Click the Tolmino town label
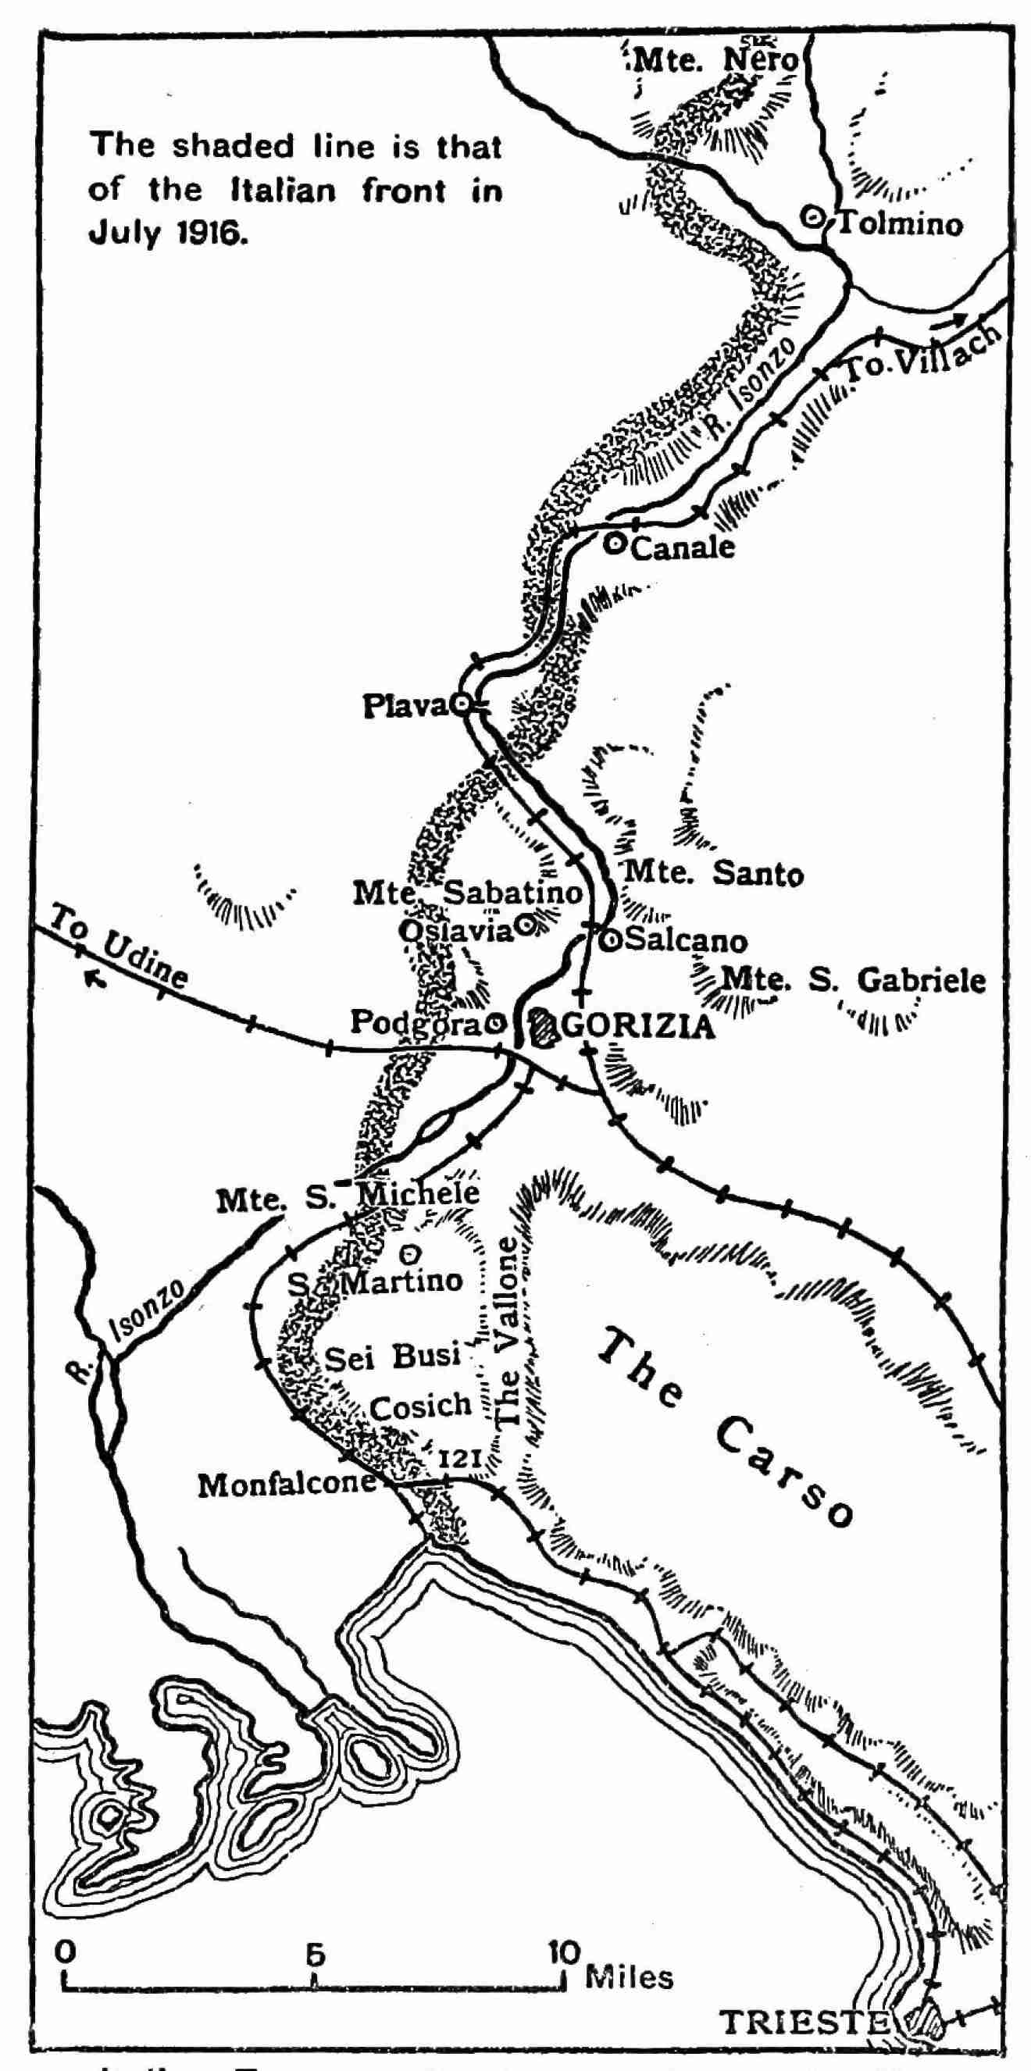pyautogui.click(x=899, y=223)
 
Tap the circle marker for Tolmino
pyautogui.click(x=815, y=216)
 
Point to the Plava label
pyautogui.click(x=405, y=706)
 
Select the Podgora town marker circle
pyautogui.click(x=497, y=1023)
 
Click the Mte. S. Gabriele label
pyautogui.click(x=852, y=980)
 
